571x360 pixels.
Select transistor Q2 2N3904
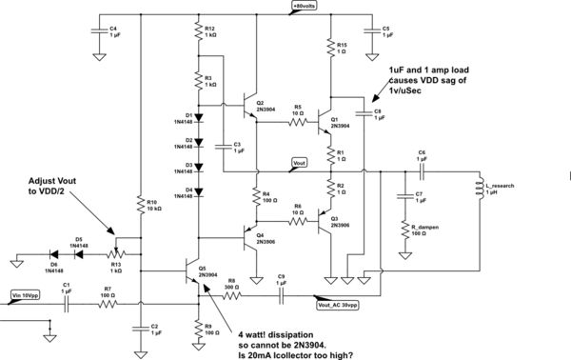(x=250, y=103)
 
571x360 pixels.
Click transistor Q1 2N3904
(x=326, y=122)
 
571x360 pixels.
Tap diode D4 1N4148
(x=198, y=193)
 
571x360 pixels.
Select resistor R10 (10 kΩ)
(x=140, y=207)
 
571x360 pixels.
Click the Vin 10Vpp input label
(x=24, y=295)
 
